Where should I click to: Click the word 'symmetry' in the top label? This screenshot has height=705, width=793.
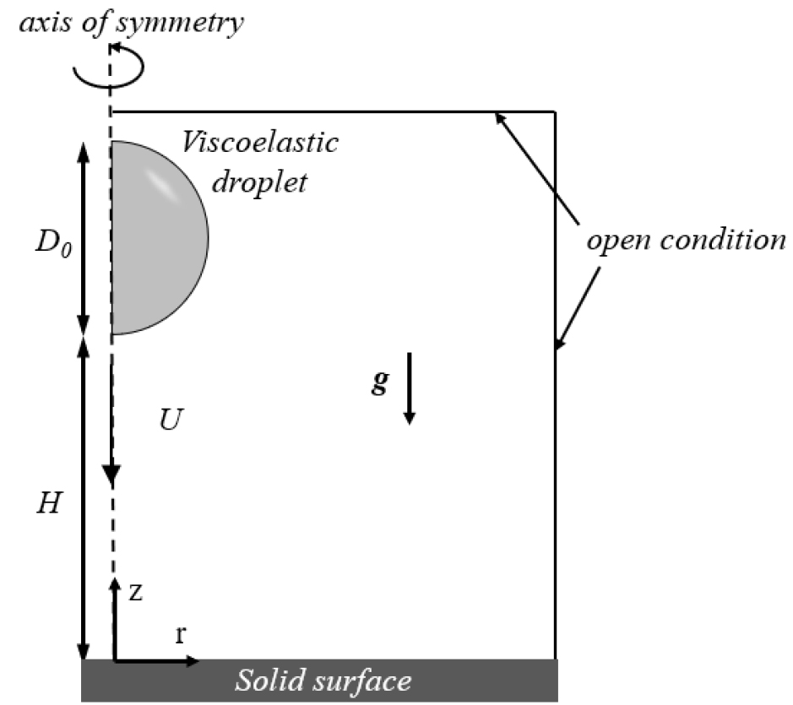185,24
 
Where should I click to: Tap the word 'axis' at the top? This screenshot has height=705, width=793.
45,23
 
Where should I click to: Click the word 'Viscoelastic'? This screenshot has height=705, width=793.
260,142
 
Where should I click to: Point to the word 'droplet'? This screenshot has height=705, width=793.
259,182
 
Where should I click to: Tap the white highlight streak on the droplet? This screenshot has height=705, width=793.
163,185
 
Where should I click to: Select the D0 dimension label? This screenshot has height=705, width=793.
53,243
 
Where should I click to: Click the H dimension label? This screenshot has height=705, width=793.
49,503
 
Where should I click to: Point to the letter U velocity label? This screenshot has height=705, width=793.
171,420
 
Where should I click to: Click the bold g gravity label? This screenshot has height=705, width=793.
380,381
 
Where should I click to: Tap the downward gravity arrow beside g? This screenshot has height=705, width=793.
409,388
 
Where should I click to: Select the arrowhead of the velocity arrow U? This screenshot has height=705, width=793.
111,475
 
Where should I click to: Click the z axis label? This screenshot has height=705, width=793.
135,592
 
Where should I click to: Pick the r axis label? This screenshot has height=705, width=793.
181,634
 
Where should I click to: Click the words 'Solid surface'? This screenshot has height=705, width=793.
323,681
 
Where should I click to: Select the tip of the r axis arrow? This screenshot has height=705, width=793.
199,660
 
